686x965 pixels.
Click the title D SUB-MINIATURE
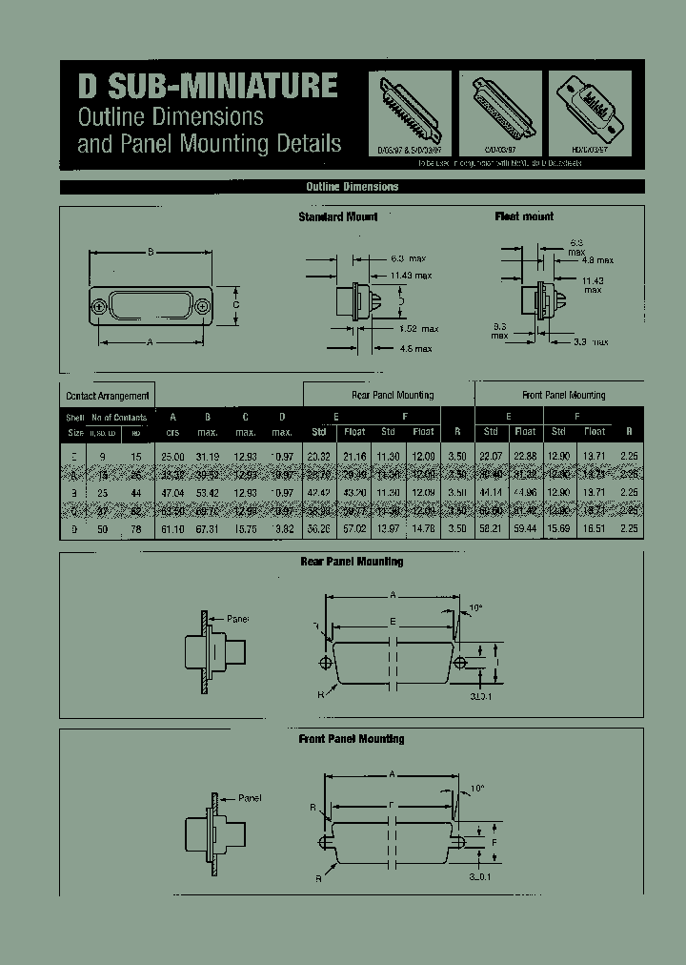(x=208, y=87)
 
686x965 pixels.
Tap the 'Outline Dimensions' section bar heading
(x=352, y=187)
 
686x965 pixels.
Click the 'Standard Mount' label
(x=337, y=217)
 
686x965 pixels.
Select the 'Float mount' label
(x=524, y=217)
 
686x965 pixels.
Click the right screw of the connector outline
(x=204, y=306)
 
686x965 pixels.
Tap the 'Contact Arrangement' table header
(x=108, y=396)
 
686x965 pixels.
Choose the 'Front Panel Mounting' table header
(x=563, y=395)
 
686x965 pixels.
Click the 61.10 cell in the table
(x=172, y=528)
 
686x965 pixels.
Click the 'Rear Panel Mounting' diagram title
(x=352, y=562)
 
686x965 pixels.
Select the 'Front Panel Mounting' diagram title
(x=352, y=739)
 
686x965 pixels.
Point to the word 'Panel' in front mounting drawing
(x=250, y=797)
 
